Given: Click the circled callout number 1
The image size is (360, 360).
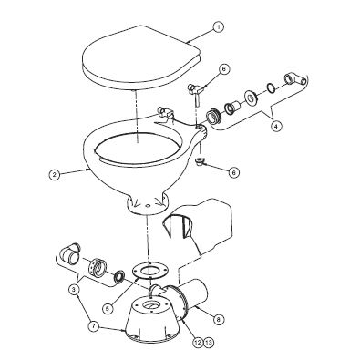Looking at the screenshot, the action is tap(218, 27).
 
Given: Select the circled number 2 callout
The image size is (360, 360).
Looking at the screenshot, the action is tap(55, 174).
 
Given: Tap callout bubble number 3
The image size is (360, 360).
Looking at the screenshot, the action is tap(73, 290).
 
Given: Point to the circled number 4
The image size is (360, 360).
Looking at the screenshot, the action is tap(275, 126).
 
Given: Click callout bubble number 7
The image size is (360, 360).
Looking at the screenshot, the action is tap(94, 326).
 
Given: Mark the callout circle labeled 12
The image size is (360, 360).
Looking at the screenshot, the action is tap(198, 343).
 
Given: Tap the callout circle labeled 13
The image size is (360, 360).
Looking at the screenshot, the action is tap(209, 343).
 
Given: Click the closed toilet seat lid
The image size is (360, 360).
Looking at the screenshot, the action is tap(139, 57).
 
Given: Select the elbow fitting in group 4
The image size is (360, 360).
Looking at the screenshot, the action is tap(293, 79).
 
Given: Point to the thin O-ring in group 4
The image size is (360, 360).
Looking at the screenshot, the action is tap(271, 87).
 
